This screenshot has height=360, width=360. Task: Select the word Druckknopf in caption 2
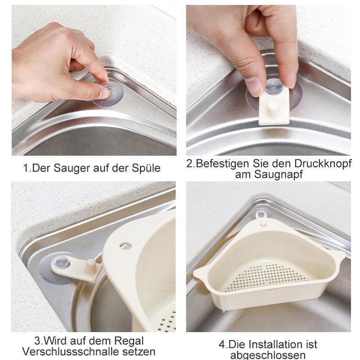(323, 163)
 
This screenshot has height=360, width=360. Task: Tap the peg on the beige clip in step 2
(273, 108)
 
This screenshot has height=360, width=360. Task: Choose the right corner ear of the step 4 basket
(340, 256)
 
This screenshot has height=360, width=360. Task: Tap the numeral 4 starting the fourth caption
(222, 345)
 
